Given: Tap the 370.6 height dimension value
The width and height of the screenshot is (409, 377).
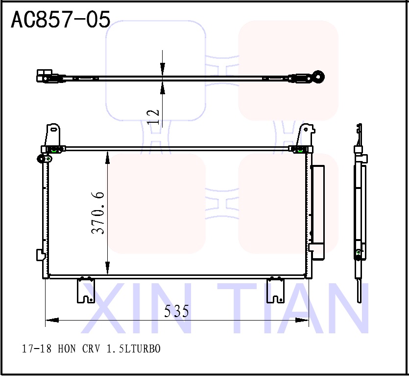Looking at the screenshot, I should [x=98, y=213].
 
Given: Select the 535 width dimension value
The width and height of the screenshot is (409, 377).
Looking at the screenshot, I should [x=176, y=311].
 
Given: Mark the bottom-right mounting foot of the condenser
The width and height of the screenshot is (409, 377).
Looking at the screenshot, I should [x=275, y=291].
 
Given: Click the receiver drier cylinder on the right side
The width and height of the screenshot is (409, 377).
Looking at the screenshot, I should [x=318, y=211].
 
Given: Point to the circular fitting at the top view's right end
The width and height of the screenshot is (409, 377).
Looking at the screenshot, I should [x=319, y=77].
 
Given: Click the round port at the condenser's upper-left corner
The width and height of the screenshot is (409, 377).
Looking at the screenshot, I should [x=41, y=159].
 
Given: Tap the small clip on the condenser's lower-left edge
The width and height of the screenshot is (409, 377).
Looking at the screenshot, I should [x=40, y=255].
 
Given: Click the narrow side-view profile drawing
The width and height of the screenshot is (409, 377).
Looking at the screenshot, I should [x=360, y=211].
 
